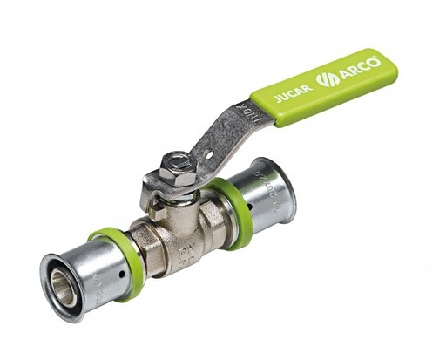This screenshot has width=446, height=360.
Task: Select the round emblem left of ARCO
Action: (327, 79)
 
